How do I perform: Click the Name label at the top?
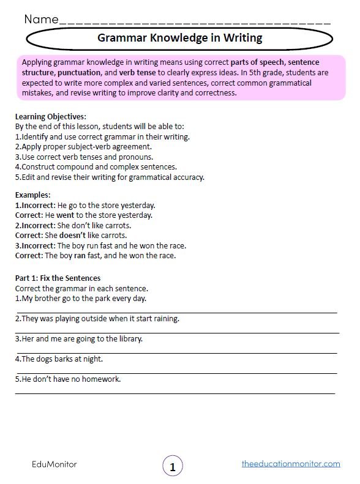pos(42,19)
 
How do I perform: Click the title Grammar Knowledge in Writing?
pos(179,38)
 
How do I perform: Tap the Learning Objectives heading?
pos(51,116)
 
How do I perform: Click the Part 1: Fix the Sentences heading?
pos(58,278)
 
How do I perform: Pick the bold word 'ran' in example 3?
pos(80,256)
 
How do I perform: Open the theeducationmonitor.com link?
pos(291,464)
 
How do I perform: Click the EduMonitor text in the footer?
pos(54,464)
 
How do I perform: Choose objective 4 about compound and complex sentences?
pos(96,167)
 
